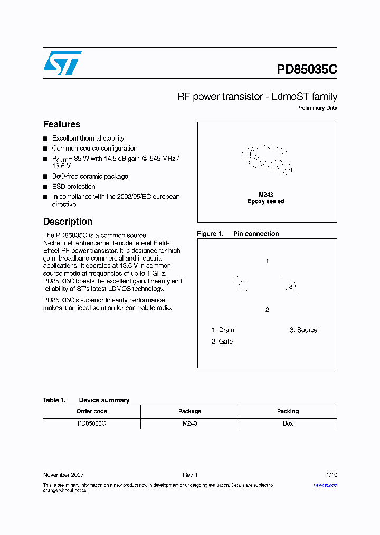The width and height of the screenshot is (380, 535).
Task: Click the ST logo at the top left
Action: tap(62, 63)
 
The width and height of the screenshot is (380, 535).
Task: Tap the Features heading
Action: tap(62, 124)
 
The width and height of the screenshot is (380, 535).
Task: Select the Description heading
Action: tap(68, 222)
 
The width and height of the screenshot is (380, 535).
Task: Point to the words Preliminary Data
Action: tap(317, 108)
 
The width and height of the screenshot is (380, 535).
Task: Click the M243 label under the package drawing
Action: tap(266, 195)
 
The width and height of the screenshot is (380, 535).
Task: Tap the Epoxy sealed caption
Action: tap(266, 201)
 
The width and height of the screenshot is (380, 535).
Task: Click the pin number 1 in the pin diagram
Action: tap(268, 261)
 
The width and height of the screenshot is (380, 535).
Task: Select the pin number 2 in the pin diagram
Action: tap(267, 310)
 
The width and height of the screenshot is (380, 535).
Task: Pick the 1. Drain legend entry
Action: tap(223, 330)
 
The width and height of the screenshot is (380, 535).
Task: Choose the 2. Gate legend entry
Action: tap(222, 342)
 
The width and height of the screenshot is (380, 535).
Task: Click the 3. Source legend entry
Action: tap(303, 330)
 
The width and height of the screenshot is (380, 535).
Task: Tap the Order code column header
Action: tap(91, 411)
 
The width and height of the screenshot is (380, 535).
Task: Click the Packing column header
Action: tap(288, 411)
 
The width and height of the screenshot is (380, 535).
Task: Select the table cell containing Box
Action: tap(288, 423)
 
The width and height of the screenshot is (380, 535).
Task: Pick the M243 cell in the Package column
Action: tap(189, 423)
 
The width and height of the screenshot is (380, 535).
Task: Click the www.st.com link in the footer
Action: tap(325, 485)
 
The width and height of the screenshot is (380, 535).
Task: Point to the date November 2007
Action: tap(63, 475)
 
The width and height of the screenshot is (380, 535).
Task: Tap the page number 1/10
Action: tap(331, 475)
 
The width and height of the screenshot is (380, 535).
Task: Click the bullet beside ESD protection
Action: tap(45, 187)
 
